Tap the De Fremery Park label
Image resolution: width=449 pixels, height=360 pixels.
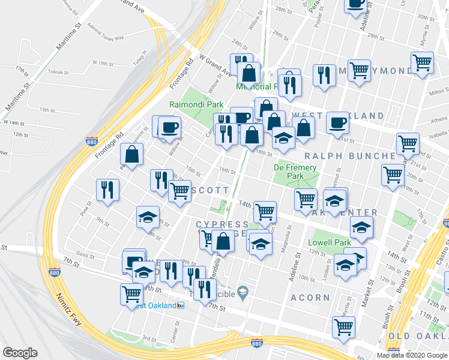tap(294, 172)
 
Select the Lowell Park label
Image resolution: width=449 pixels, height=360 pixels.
tap(328, 242)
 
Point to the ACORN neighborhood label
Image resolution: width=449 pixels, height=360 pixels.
tap(310, 298)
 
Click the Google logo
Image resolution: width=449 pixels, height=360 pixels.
tap(20, 353)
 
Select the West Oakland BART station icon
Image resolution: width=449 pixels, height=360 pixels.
tap(181, 305)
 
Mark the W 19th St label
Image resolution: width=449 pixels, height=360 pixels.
tap(103, 62)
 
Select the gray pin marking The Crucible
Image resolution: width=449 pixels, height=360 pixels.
tap(243, 293)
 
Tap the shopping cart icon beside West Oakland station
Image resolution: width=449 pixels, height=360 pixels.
tap(132, 295)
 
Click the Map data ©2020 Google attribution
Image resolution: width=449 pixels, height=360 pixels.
tap(412, 355)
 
